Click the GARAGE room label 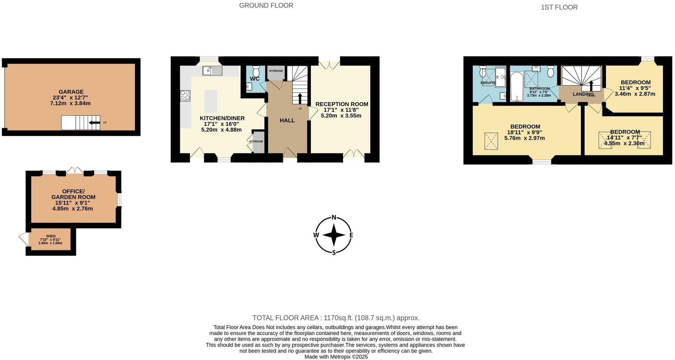coord(71,92)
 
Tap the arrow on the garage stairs coord(95,123)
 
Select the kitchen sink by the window coord(212,70)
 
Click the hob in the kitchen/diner coord(185,96)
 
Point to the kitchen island coord(211,101)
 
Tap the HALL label coord(287,120)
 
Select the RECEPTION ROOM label coord(341,104)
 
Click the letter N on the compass coord(334,217)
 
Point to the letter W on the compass coord(316,235)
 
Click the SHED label coord(51,236)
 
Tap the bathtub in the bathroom coord(515,87)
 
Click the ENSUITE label coord(488,83)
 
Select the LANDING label coord(583,94)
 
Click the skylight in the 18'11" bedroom coord(491,141)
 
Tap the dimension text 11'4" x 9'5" coord(635,88)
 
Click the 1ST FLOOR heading coord(559,7)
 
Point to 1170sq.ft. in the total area coord(338,318)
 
